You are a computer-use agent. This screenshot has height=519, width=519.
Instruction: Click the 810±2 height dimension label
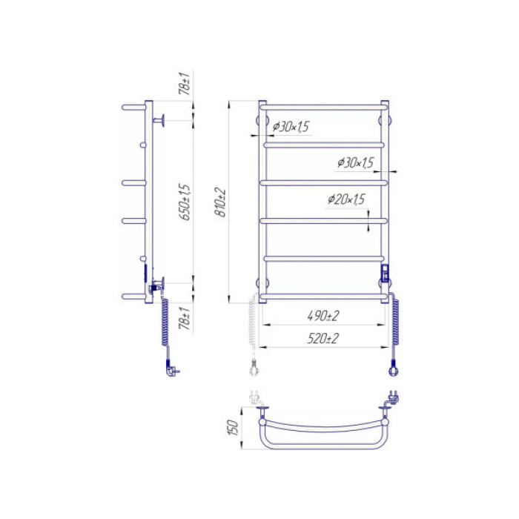pos(221,202)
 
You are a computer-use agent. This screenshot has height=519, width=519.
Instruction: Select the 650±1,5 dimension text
pos(185,202)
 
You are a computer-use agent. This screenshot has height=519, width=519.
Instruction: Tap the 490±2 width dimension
pos(323,316)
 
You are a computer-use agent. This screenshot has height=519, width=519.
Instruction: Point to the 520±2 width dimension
pos(323,339)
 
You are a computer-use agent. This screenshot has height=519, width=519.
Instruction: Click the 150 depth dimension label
pos(234,428)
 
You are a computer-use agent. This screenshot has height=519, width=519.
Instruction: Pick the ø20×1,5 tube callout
pos(346,199)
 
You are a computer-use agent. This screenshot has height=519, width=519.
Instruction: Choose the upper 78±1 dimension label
pos(185,83)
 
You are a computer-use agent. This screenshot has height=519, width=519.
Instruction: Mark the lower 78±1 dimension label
pos(185,318)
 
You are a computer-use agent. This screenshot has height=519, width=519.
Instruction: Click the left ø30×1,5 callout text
pos(291,126)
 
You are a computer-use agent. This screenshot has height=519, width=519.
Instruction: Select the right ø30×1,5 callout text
pos(355,162)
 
